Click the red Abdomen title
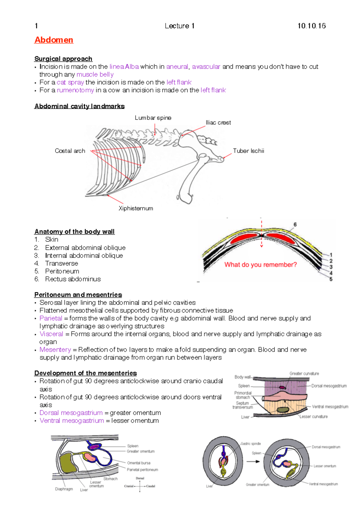(54, 40)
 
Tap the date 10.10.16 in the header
(311, 26)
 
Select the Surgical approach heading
(63, 59)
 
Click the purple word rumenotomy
(75, 90)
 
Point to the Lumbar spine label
(153, 118)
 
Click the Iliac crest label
(218, 123)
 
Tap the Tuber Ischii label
(248, 151)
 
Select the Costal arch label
(70, 151)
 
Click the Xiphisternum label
(136, 208)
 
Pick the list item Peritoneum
(62, 271)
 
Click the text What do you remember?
(260, 265)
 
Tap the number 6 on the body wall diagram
(295, 224)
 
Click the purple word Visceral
(51, 334)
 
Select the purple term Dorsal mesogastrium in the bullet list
(71, 413)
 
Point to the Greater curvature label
(304, 374)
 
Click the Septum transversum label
(242, 405)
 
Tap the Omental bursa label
(139, 463)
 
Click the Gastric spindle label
(251, 444)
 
